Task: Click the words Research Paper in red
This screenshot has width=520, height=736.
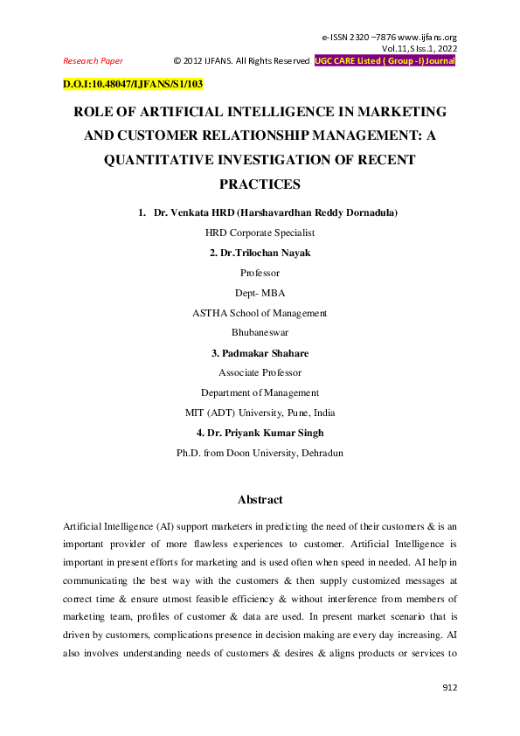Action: (94, 61)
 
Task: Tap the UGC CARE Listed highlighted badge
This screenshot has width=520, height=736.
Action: (385, 61)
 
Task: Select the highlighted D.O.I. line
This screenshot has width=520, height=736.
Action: (133, 85)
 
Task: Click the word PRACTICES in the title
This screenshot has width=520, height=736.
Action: (260, 184)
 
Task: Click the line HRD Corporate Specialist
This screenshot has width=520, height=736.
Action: (260, 233)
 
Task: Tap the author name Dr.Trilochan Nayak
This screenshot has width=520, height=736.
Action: (260, 253)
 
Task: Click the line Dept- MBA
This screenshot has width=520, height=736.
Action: (260, 293)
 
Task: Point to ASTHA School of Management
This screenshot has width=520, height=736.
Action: (260, 313)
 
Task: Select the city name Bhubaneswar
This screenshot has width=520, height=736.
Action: (260, 333)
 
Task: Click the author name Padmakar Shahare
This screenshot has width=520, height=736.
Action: (260, 353)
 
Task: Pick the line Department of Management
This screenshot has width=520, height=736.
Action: (260, 393)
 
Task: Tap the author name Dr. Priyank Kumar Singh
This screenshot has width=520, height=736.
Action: (260, 433)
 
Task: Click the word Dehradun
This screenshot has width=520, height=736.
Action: (320, 453)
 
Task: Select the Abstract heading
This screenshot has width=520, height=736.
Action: (260, 500)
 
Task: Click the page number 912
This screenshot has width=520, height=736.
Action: (449, 689)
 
